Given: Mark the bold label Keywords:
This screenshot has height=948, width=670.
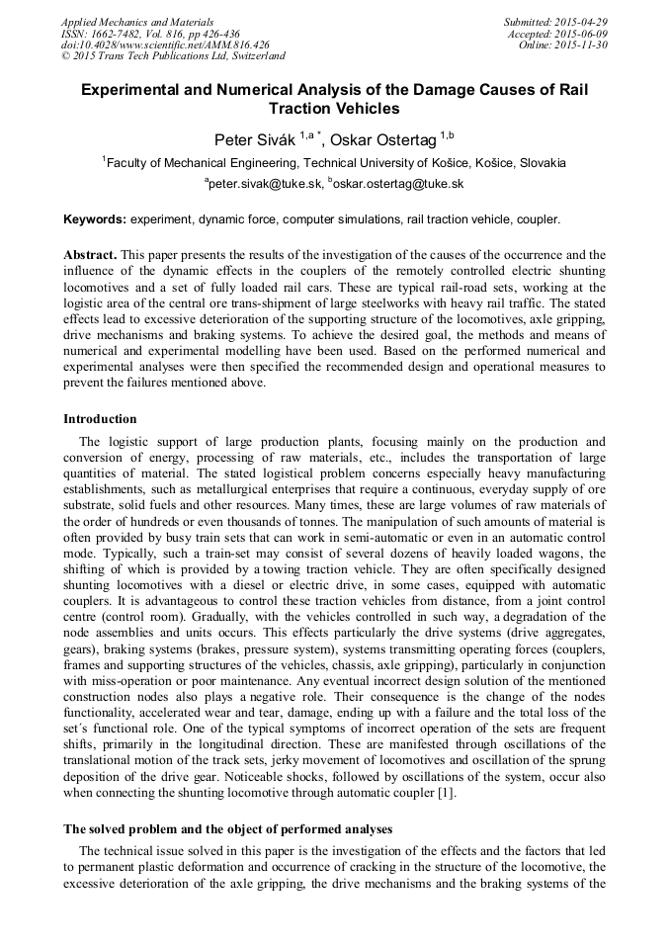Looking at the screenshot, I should pyautogui.click(x=95, y=218).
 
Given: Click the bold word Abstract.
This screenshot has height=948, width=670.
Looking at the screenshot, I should pyautogui.click(x=91, y=254).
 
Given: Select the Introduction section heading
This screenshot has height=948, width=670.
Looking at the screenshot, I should pyautogui.click(x=100, y=419).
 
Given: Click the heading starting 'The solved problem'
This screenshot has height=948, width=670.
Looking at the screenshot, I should pyautogui.click(x=227, y=829).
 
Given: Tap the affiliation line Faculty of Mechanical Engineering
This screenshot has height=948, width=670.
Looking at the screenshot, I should pyautogui.click(x=334, y=162).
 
